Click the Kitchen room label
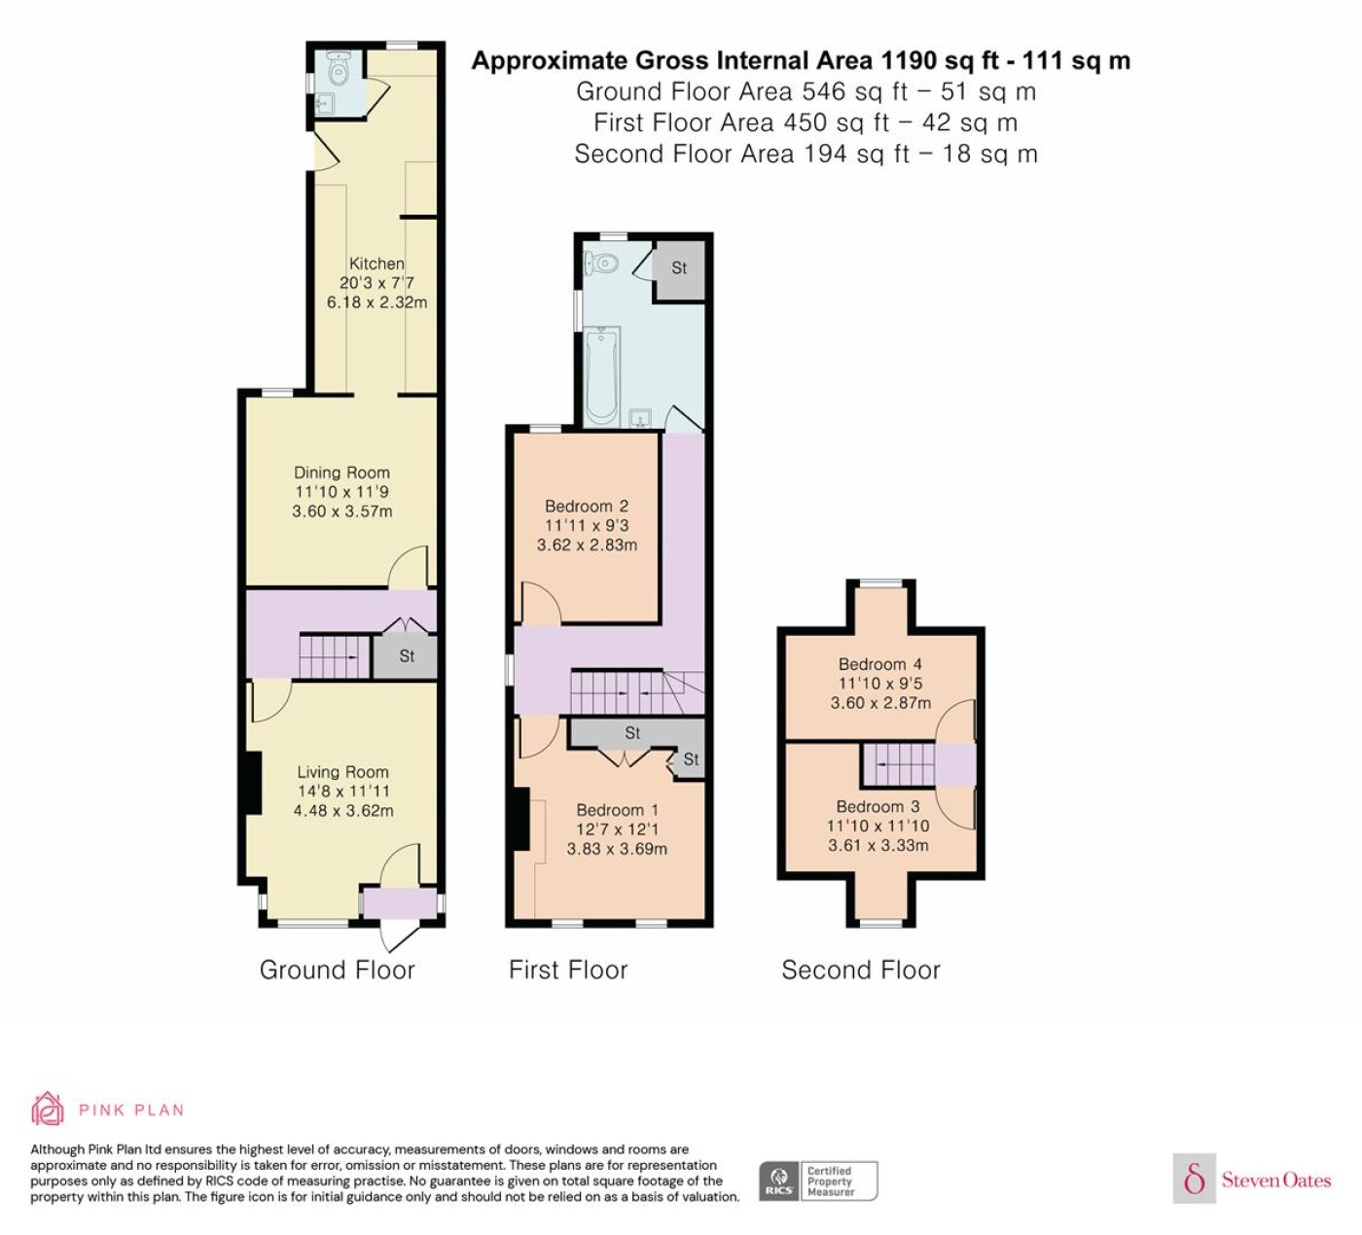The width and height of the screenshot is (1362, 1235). coord(376,264)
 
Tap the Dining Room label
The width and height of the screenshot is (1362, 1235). coord(341,473)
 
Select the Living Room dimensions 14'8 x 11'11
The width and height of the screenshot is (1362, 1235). coord(342,791)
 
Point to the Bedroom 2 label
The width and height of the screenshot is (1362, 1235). coord(587,506)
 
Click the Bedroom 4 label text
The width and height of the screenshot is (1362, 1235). coord(880,664)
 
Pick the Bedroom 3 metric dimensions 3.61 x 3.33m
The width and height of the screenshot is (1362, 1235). coord(878,845)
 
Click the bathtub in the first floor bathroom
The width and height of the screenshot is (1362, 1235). coord(601,375)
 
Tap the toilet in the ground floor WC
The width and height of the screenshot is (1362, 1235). coord(337,67)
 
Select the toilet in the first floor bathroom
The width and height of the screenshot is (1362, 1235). coord(601,262)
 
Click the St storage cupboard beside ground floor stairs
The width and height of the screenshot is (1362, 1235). coord(406,655)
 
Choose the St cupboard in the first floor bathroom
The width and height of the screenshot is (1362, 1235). coord(679,268)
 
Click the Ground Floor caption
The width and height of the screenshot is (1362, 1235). coord(337,970)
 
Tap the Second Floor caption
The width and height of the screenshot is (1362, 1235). coord(861,970)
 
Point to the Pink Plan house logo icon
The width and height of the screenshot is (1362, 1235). coord(48,1109)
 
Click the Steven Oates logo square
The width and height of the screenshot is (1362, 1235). coord(1195,1180)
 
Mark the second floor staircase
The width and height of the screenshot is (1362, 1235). coord(899,763)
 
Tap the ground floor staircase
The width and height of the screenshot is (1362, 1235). coord(334,655)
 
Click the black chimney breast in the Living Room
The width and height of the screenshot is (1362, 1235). coord(253,782)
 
